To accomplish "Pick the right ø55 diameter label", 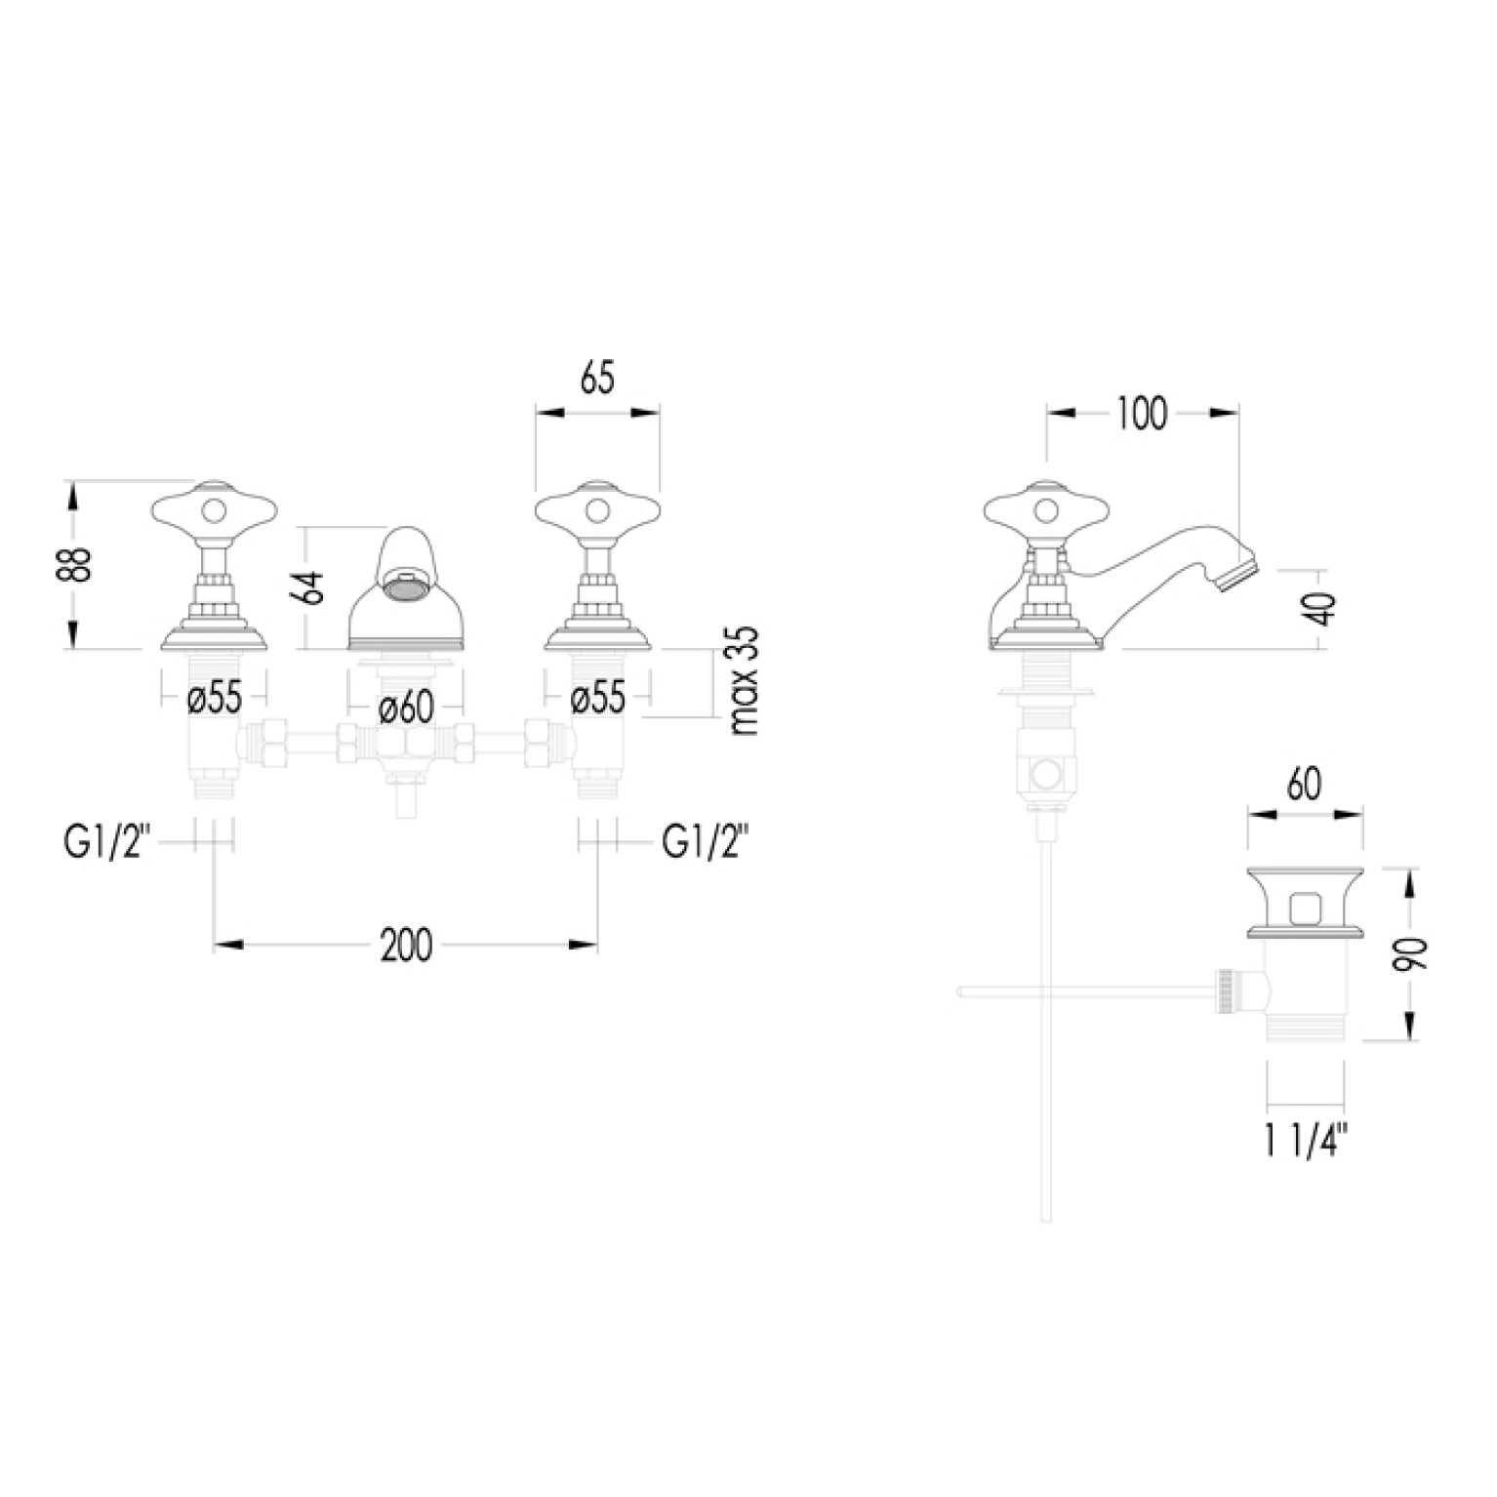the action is (596, 698).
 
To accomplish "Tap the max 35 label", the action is (744, 679).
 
